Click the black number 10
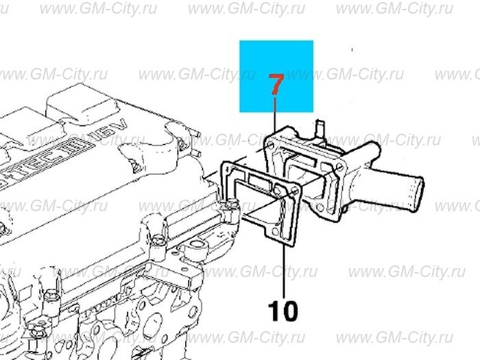tap(283, 311)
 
